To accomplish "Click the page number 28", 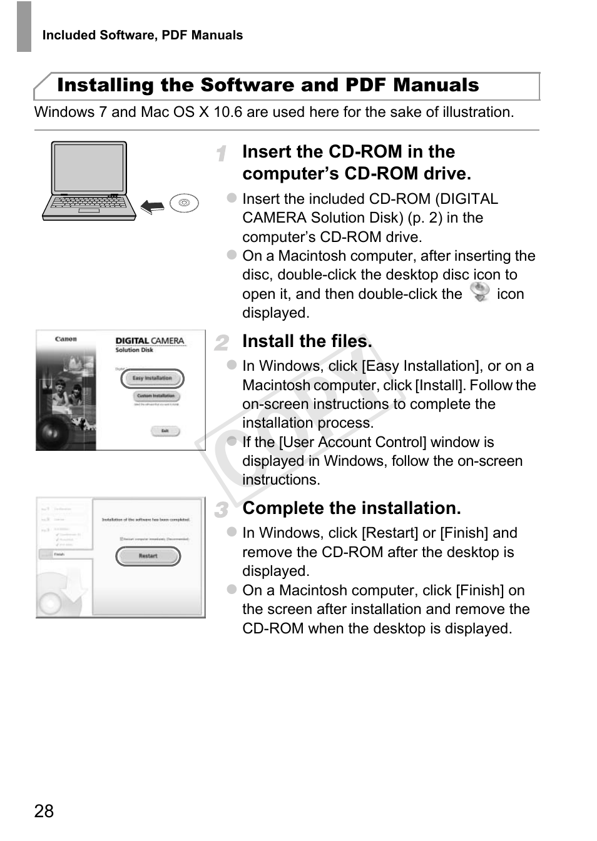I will pos(44,811).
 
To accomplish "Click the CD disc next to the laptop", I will pos(184,203).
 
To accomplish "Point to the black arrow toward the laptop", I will pos(152,206).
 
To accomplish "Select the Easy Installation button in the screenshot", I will pos(152,378).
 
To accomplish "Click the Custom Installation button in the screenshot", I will pos(156,396).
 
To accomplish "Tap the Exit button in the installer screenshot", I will pos(165,431).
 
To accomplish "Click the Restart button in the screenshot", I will pos(148,556).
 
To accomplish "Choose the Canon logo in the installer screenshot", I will pos(66,339).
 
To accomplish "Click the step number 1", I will pos(221,153).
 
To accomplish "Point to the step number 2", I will pos(222,343).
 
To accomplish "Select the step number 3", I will pos(222,510).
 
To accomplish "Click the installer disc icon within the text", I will pos(480,292).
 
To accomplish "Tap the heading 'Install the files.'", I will pos(307,341).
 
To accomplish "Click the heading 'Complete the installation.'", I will pos(351,508).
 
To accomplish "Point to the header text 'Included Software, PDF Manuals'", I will pos(143,36).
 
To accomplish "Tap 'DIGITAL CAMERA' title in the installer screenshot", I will pos(150,341).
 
